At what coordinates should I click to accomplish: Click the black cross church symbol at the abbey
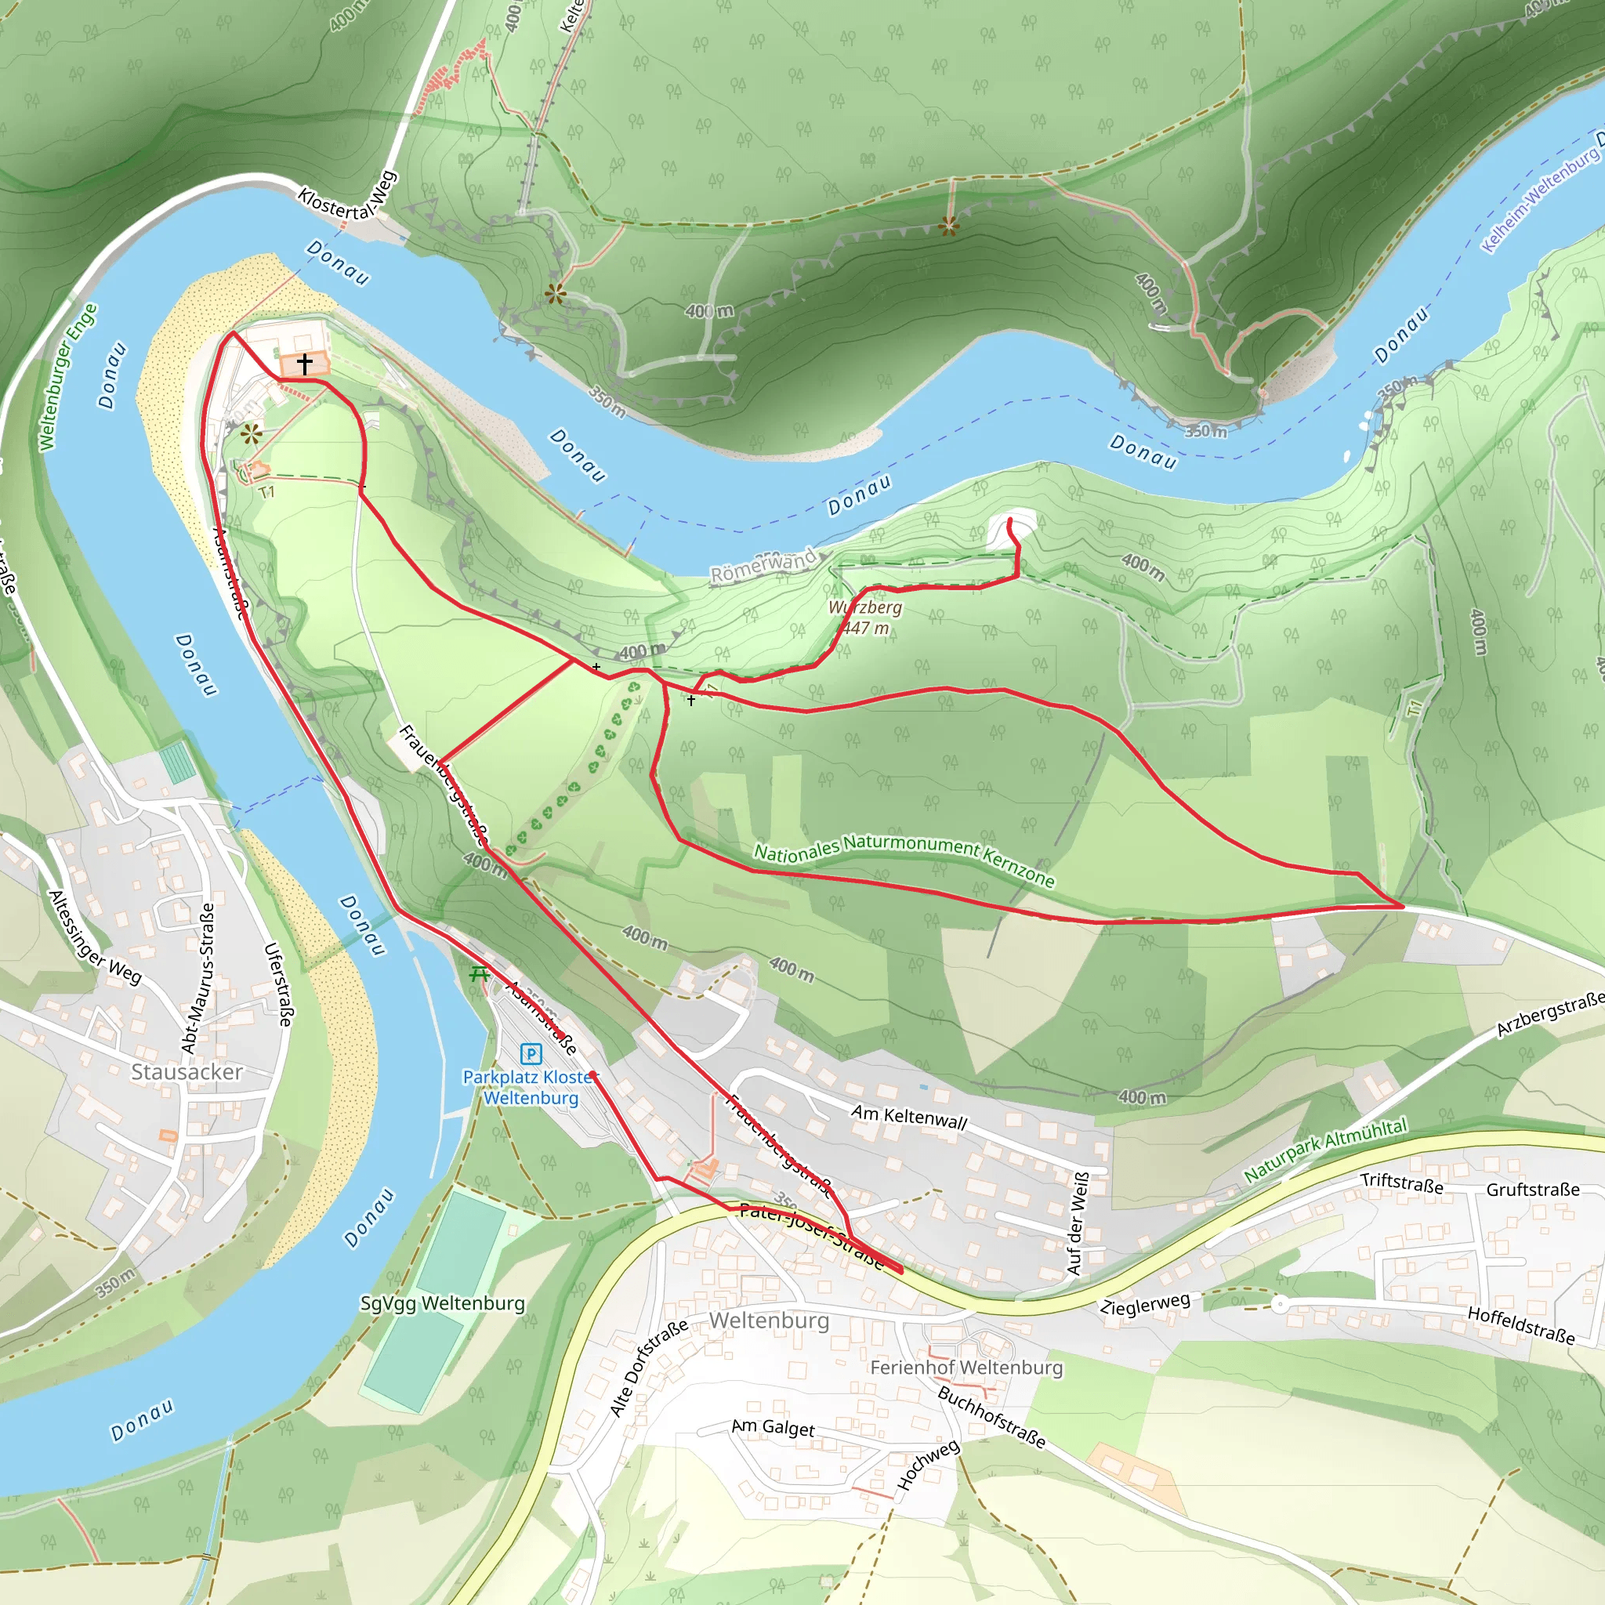click(305, 364)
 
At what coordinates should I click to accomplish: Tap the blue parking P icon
click(530, 1054)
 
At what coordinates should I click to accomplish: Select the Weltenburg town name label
click(769, 1320)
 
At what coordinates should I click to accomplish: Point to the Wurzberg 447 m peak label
click(865, 618)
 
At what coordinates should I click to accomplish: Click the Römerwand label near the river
click(763, 566)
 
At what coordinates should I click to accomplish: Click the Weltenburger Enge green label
click(68, 377)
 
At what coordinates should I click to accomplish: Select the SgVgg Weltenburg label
click(442, 1302)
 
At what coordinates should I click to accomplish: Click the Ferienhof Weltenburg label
click(966, 1367)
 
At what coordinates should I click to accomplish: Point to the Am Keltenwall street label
click(909, 1118)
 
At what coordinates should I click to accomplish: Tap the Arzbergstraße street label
click(1549, 1014)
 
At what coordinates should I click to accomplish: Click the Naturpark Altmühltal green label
click(1325, 1150)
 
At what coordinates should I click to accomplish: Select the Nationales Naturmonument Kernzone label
click(903, 861)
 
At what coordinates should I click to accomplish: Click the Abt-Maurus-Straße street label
click(198, 979)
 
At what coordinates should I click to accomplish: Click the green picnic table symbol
click(480, 973)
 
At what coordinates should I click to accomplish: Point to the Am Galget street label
click(773, 1426)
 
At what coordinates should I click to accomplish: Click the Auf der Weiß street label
click(1077, 1223)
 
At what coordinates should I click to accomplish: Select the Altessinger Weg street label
click(95, 937)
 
